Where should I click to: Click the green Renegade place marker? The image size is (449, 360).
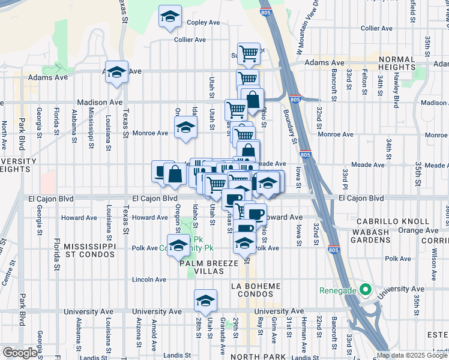[364, 290]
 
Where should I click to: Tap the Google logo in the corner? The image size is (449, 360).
[20, 353]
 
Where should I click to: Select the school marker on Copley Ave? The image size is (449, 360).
[170, 17]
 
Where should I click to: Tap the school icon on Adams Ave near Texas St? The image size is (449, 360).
[116, 73]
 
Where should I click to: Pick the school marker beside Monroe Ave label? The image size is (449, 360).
[185, 128]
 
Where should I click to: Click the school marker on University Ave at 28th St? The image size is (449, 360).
[205, 301]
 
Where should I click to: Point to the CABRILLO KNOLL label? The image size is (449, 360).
[391, 221]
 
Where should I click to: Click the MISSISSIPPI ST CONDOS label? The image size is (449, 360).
[89, 251]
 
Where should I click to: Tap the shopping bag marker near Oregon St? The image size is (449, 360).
[175, 175]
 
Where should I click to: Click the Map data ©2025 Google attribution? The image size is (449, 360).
[412, 355]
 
